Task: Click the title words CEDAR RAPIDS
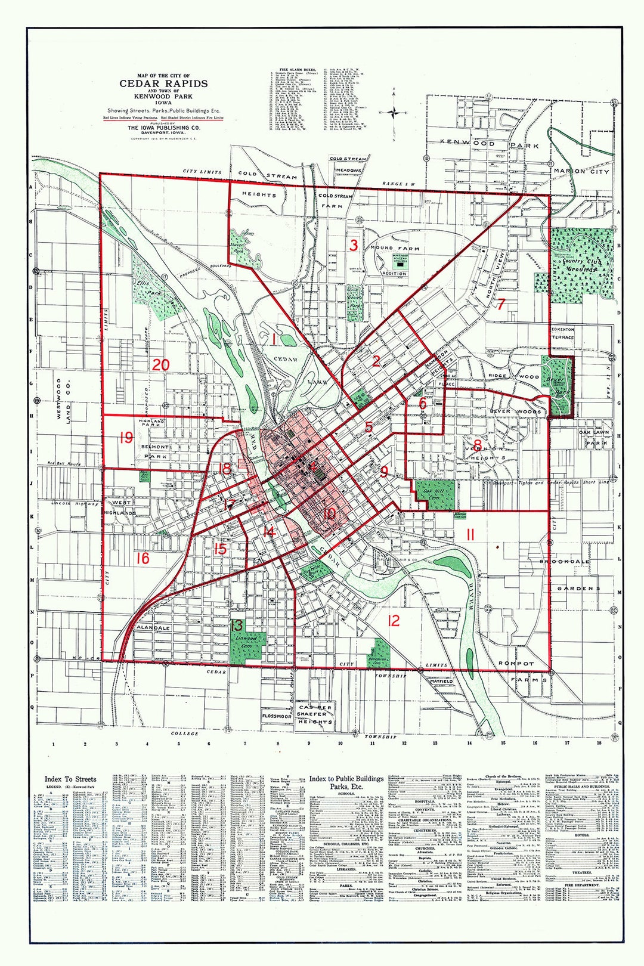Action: [163, 83]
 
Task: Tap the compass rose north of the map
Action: [394, 111]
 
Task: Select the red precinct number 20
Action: [160, 365]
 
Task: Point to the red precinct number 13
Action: [237, 626]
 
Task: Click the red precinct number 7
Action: [501, 304]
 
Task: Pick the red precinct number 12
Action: [394, 621]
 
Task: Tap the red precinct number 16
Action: [142, 558]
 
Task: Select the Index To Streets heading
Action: [70, 779]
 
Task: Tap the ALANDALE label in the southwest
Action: [153, 628]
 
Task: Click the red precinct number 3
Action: [354, 244]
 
